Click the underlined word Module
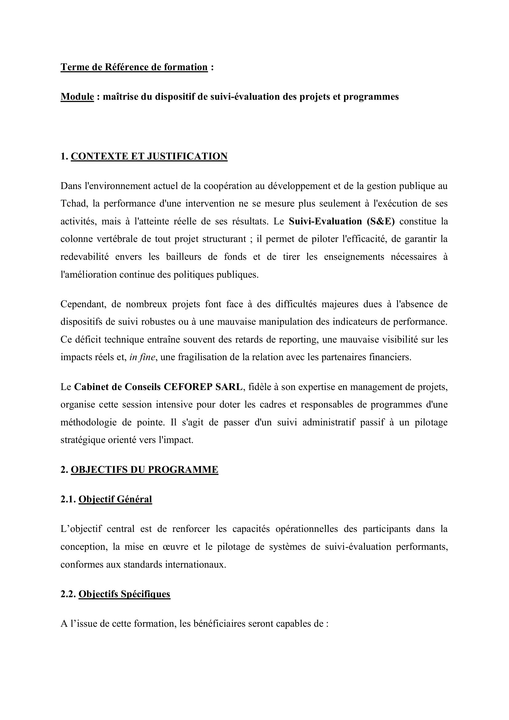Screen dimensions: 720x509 point(77,97)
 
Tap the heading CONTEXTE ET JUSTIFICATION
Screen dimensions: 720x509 point(149,156)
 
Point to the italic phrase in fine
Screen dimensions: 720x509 point(142,357)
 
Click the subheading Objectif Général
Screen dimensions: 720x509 point(115,499)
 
